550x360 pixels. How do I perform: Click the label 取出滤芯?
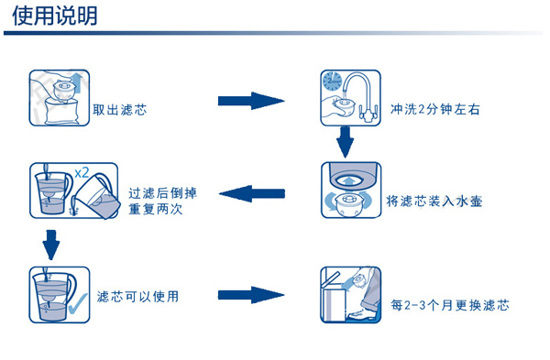[120, 110]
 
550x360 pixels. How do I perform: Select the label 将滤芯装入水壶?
[436, 201]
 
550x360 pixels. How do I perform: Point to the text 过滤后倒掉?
[162, 192]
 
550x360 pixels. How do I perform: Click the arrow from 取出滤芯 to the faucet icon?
[249, 99]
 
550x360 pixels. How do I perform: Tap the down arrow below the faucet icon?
[346, 142]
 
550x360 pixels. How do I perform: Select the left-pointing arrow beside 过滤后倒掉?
[254, 192]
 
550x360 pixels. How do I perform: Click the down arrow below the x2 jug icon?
[51, 244]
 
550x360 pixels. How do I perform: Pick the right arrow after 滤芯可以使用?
[249, 295]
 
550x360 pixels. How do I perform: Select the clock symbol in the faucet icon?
[332, 83]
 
